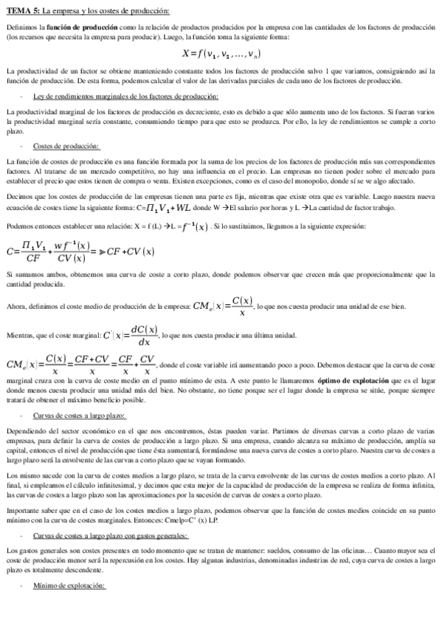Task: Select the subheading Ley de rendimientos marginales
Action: coord(126,96)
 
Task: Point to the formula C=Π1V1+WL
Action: coord(162,209)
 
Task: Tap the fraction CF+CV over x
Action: coord(91,366)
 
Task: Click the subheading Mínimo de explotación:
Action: coord(70,585)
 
